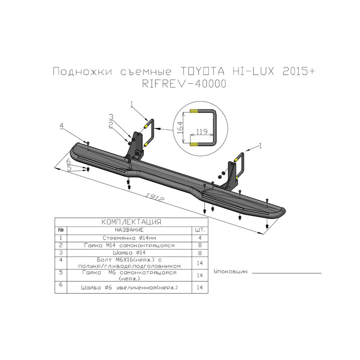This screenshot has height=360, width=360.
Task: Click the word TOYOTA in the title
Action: click(x=202, y=71)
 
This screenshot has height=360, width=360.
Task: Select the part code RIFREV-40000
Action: click(x=184, y=84)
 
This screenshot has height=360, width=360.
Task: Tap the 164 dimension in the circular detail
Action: click(x=180, y=128)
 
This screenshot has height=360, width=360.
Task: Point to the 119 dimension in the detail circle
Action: click(x=202, y=131)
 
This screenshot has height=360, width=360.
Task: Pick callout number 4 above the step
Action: click(x=61, y=126)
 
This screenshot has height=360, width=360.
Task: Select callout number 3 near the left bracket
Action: click(x=111, y=117)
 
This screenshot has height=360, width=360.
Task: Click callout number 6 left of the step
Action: click(x=69, y=161)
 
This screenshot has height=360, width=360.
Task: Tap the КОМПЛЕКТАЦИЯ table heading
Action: click(x=131, y=222)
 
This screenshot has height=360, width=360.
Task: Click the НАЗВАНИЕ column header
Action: click(x=129, y=230)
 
